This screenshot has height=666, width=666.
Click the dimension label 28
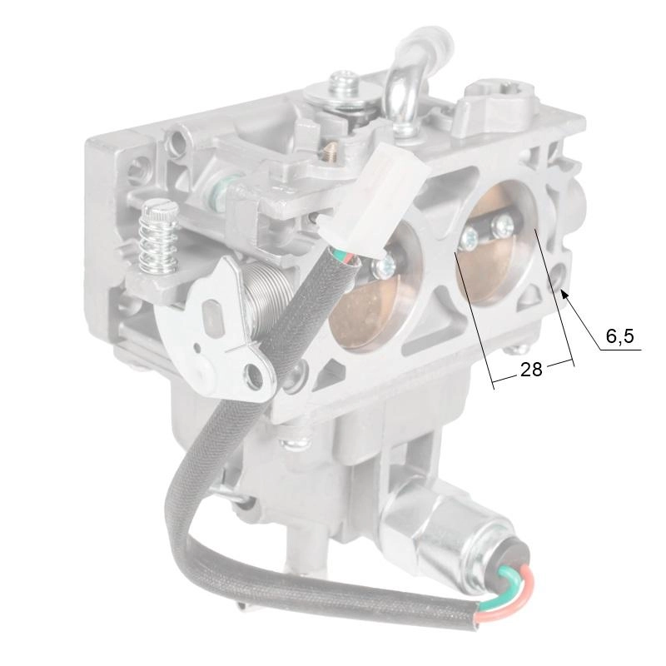coord(531,370)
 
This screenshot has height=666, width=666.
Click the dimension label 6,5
coord(619,336)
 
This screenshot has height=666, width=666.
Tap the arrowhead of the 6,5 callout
coord(564,293)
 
